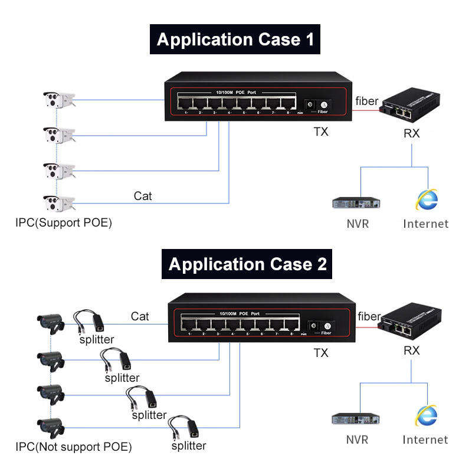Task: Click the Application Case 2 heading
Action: point(247,263)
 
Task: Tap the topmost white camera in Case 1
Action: point(58,100)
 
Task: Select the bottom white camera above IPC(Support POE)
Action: point(58,204)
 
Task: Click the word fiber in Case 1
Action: point(366,101)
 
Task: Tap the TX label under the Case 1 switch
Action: point(320,132)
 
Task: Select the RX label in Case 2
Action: point(411,350)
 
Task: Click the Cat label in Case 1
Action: point(143,195)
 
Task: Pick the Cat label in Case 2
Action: point(140,316)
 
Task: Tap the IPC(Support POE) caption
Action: point(64,223)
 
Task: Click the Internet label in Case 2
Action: point(425,440)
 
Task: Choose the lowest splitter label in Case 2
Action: point(189,446)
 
